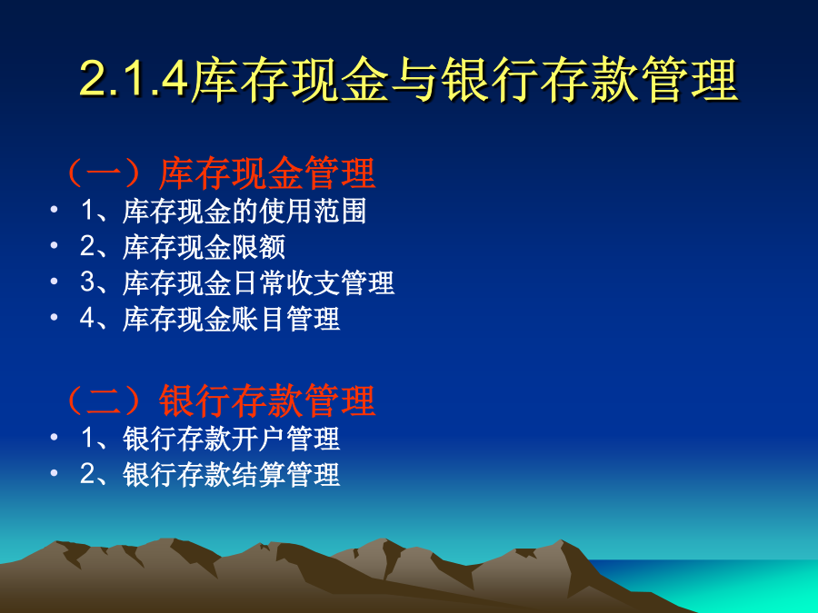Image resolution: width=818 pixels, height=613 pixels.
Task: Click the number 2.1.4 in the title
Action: (134, 79)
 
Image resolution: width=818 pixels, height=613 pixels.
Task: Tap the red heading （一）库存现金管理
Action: (219, 173)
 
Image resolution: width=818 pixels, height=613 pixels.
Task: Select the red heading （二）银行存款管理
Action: (219, 401)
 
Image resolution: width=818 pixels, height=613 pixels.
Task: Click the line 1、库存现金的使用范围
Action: (224, 211)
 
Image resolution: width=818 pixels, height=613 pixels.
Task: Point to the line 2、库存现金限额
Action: (183, 246)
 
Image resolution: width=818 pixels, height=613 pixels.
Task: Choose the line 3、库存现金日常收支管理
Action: (237, 282)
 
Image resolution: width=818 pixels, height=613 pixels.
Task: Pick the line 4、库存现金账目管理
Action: (210, 319)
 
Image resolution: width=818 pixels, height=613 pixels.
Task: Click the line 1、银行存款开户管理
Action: (210, 438)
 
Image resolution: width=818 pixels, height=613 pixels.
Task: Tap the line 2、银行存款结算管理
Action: (210, 474)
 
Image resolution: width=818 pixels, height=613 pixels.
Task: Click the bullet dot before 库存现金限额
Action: (54, 245)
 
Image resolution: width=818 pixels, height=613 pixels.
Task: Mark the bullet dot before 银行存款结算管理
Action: (54, 472)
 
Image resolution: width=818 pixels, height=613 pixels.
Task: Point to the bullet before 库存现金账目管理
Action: (54, 316)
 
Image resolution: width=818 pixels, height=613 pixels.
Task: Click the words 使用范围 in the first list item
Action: (313, 211)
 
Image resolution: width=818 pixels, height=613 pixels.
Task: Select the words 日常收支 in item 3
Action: (285, 282)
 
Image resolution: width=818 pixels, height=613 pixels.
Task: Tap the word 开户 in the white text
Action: (258, 438)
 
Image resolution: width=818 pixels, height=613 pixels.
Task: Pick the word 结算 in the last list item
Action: (258, 474)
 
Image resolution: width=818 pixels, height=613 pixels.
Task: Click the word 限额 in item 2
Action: (258, 246)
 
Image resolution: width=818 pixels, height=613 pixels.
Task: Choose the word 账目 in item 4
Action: (258, 319)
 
